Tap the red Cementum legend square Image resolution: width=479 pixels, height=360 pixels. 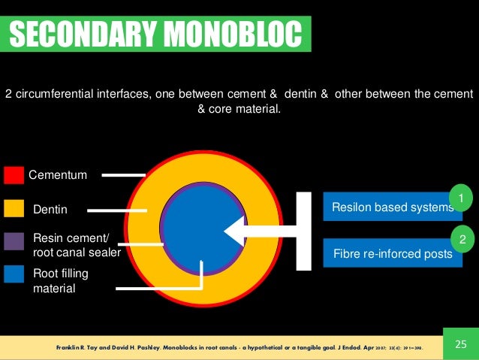coord(14,176)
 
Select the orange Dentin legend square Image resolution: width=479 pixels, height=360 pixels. coord(14,208)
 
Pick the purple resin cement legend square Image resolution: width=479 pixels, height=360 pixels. coord(14,241)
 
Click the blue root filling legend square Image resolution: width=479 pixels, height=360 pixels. coord(14,274)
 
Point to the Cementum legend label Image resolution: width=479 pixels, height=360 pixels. coord(58,176)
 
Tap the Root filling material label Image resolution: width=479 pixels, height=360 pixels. coord(59,280)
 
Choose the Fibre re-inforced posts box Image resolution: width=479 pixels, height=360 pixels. coord(391,254)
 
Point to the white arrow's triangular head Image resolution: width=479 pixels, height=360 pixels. coord(236,231)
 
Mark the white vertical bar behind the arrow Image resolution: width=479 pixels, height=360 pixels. coord(303,231)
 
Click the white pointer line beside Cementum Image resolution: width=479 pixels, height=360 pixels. coord(123,176)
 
